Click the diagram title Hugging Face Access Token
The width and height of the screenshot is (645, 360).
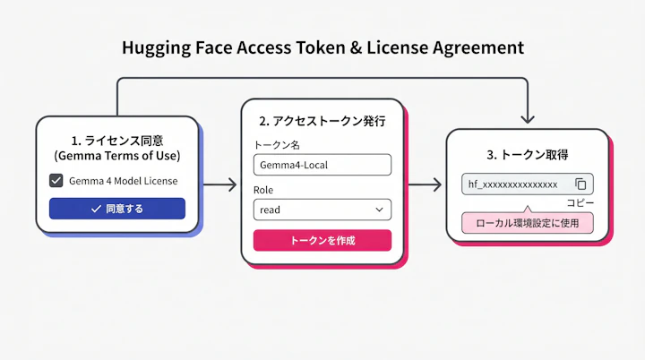click(x=322, y=47)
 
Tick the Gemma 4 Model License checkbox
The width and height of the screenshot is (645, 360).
click(x=56, y=181)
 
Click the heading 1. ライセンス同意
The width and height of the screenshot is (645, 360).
click(x=116, y=140)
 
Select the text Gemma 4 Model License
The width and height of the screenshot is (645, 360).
click(x=123, y=181)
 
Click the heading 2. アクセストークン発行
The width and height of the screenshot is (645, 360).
click(x=322, y=120)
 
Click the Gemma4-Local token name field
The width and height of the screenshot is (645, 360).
click(x=322, y=165)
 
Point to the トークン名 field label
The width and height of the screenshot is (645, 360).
click(x=278, y=145)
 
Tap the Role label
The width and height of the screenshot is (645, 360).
click(x=263, y=190)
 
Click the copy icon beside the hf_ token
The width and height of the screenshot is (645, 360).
click(x=580, y=184)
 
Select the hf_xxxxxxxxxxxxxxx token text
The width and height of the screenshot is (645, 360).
click(x=513, y=184)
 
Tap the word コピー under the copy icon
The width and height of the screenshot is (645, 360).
click(x=580, y=203)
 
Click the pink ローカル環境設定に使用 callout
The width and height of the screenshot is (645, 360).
click(x=527, y=223)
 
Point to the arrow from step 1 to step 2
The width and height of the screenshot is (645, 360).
click(x=219, y=185)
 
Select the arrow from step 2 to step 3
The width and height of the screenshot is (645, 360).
click(x=425, y=185)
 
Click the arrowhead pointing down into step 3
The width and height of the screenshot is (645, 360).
click(x=528, y=118)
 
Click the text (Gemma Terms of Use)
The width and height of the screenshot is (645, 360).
click(x=116, y=156)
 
